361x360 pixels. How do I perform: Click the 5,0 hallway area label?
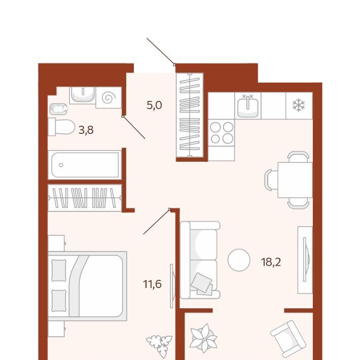154,105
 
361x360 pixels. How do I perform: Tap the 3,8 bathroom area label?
86,130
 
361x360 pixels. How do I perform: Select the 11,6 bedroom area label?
152,284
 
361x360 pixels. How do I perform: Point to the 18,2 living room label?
271,262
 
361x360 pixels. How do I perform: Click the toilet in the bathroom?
61,127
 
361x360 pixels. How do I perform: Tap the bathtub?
85,165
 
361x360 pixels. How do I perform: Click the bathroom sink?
83,95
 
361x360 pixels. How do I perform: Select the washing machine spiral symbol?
109,98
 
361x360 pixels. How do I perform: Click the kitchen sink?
247,105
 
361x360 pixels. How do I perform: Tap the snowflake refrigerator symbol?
299,105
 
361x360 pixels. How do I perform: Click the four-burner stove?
222,133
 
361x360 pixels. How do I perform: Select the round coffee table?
239,260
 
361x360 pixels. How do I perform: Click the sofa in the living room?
200,260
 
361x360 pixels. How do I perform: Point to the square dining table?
295,180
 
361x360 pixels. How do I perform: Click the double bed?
87,286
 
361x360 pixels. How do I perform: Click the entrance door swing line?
160,51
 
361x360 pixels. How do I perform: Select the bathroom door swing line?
134,127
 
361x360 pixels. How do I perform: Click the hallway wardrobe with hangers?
190,115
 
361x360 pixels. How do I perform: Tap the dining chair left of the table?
271,179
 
